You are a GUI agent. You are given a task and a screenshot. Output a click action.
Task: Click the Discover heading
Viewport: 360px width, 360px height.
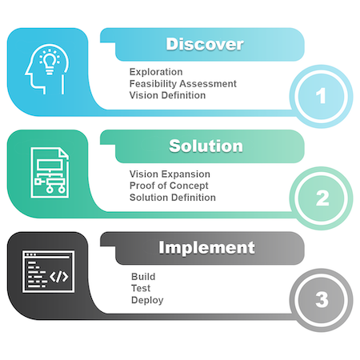(x=205, y=44)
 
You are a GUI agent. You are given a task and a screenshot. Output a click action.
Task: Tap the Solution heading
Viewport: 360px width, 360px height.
(x=206, y=146)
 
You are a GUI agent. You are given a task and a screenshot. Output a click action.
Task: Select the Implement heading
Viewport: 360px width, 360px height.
(x=206, y=248)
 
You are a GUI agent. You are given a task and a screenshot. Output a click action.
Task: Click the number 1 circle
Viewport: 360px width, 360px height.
(x=321, y=96)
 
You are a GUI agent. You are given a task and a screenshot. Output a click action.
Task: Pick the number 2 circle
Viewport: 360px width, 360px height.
(x=321, y=198)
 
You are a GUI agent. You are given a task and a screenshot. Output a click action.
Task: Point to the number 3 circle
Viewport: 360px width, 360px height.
(x=321, y=300)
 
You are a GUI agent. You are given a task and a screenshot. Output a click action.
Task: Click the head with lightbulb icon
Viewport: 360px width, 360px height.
(x=47, y=69)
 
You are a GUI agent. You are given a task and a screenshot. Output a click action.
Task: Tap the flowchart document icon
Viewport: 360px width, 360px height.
(x=50, y=173)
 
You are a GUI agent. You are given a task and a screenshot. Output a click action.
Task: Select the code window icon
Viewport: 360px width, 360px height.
(x=48, y=271)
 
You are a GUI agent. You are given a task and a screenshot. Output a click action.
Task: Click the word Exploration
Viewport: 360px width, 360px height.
(x=156, y=72)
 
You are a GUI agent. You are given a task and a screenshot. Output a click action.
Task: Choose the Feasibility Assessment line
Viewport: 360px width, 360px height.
(x=183, y=84)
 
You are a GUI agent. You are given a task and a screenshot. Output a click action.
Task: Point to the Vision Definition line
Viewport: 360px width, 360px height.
(x=167, y=95)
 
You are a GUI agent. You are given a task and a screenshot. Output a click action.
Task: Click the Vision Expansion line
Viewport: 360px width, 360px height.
(x=170, y=174)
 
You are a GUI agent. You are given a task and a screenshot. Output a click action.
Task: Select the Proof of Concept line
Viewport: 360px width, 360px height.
(x=169, y=186)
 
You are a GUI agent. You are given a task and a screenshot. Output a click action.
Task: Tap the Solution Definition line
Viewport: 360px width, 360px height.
(x=173, y=198)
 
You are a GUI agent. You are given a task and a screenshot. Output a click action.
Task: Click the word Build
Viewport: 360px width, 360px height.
(x=143, y=277)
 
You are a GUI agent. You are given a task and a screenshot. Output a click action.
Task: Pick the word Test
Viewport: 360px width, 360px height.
(x=141, y=288)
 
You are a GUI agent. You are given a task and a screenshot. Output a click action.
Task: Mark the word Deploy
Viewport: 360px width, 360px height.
(x=147, y=300)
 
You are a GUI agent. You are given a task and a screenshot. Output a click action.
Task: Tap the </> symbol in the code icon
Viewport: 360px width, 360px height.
(x=59, y=277)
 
